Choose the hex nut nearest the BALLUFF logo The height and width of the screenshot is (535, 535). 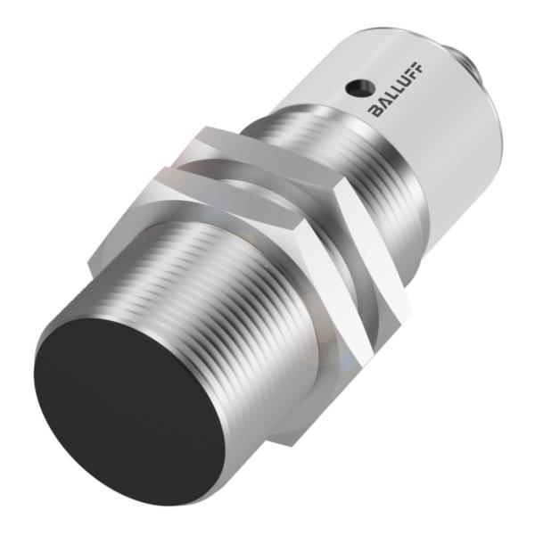(366, 232)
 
